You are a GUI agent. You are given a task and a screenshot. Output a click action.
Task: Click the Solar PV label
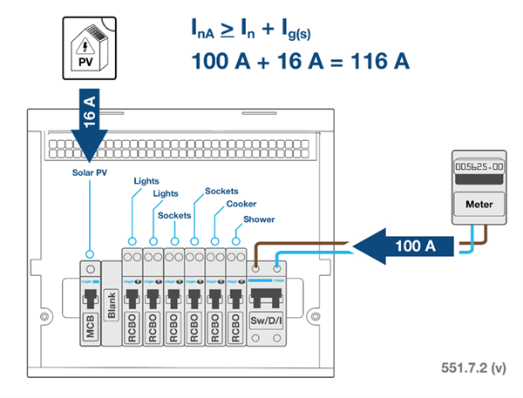(91, 173)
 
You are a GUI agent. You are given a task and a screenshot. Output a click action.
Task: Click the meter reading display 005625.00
(472, 165)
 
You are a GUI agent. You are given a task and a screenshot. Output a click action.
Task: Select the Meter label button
(472, 202)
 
